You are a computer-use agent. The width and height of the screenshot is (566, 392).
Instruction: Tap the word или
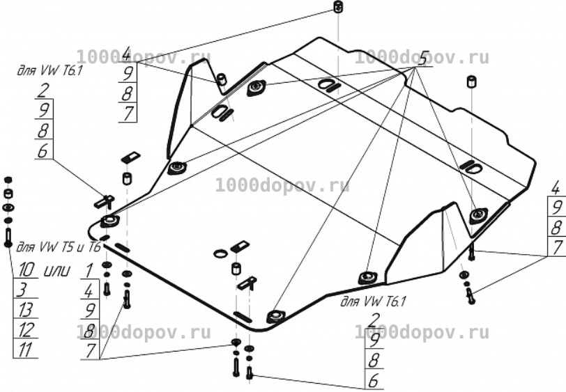coord(56,270)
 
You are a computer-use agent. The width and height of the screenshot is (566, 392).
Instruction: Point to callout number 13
coord(24,310)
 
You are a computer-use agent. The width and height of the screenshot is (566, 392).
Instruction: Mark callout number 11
coord(25,350)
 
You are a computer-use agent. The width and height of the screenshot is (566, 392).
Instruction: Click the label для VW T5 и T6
coord(59,247)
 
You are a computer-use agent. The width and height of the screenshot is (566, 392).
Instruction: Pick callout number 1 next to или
coord(89,270)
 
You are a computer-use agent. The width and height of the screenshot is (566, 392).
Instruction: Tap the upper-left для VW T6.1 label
coord(49,70)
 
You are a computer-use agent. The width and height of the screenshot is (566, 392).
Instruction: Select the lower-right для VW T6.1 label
coord(373,301)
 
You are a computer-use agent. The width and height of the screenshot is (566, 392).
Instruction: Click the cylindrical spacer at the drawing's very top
coord(337,7)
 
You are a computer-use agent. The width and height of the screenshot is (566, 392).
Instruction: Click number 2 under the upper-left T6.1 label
coord(43,91)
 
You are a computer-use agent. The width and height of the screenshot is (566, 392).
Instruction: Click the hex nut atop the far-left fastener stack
coord(8,180)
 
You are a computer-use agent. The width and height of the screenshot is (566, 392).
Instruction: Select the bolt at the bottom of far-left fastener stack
coord(8,238)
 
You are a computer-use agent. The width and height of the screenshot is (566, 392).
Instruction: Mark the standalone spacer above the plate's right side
coord(471,81)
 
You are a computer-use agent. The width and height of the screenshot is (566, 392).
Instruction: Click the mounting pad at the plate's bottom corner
coord(276,316)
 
